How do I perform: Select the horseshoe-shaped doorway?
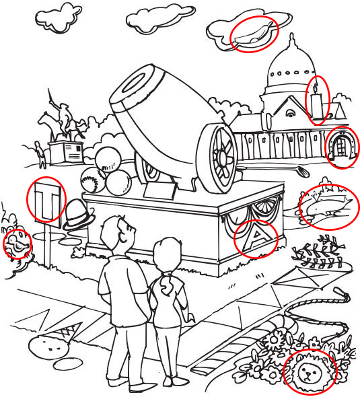point(341,145)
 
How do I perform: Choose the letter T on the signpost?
point(47,203)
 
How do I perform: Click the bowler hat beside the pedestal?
point(79,215)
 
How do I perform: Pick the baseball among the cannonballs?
point(93,180)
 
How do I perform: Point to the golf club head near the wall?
point(303,172)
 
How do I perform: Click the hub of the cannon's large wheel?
point(222,157)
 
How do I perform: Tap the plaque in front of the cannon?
point(160,190)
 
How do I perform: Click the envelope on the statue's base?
point(73,153)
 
